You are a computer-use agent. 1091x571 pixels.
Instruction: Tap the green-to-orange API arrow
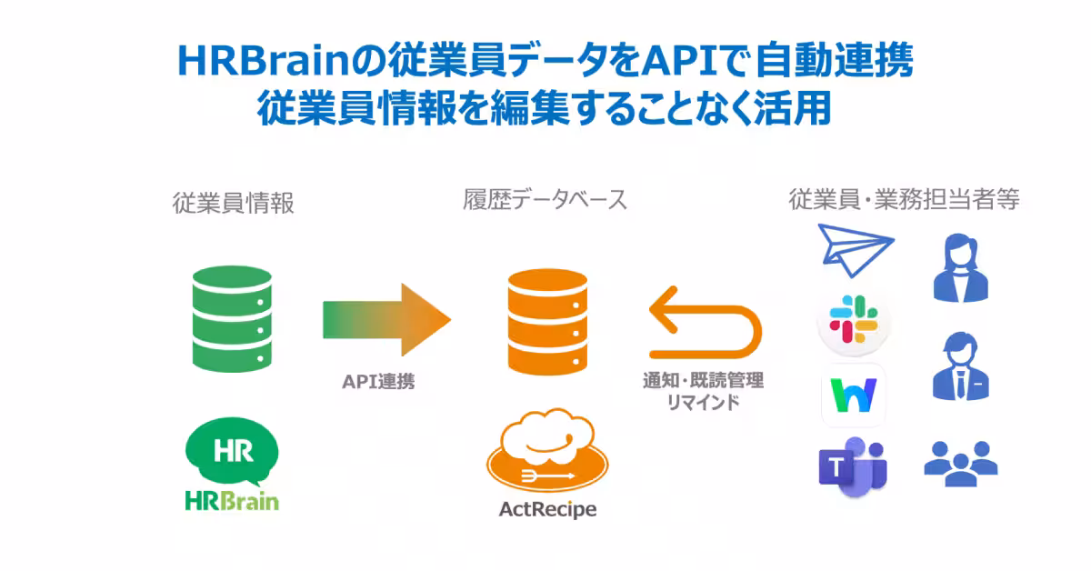pos(386,319)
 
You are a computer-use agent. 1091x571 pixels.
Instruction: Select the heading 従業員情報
pos(234,203)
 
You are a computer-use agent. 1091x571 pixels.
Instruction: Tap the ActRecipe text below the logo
pos(547,509)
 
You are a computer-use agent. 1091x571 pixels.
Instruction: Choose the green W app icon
pos(853,395)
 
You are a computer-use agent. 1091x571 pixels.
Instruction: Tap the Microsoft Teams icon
pos(852,467)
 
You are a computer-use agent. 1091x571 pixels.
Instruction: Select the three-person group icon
pos(960,460)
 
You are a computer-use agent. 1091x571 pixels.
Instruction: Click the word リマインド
pos(703,402)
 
